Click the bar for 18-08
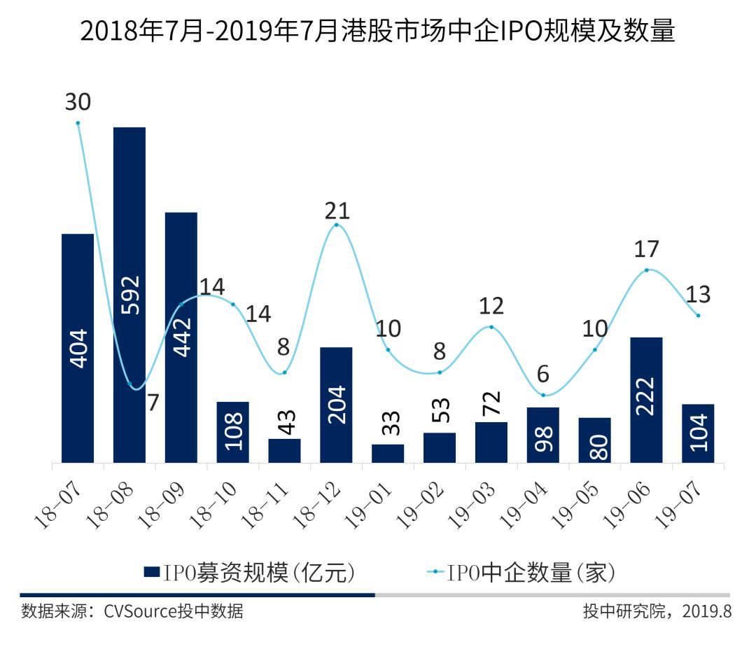[x=129, y=294]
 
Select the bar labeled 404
[x=78, y=348]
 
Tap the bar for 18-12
[x=336, y=405]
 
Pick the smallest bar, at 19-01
[x=388, y=453]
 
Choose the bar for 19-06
[x=646, y=400]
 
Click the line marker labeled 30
[x=78, y=123]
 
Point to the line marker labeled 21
[x=337, y=225]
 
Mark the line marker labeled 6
[x=543, y=396]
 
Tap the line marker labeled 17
[x=646, y=270]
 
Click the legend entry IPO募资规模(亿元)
[x=251, y=572]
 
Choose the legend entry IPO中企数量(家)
[x=521, y=572]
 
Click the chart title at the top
[x=378, y=32]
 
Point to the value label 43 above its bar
[x=285, y=422]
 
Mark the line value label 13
[x=698, y=294]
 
